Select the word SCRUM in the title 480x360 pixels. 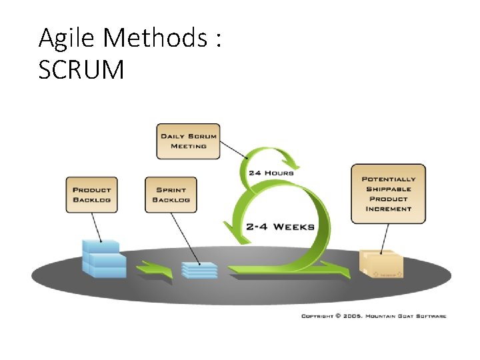pos(81,70)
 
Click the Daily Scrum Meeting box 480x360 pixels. pos(188,141)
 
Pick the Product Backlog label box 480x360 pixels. pos(91,194)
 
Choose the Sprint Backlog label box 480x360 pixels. pos(171,194)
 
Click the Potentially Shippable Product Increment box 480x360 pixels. pos(388,193)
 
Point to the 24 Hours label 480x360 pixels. pos(271,173)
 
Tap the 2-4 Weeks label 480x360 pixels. pos(280,226)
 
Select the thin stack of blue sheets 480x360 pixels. pos(199,270)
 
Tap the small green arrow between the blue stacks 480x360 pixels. pos(154,269)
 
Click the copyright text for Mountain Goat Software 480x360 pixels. pos(373,316)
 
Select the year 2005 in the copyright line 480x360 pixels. pos(352,316)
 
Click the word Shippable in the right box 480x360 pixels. pos(388,189)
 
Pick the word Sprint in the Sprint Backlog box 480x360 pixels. pos(171,189)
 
